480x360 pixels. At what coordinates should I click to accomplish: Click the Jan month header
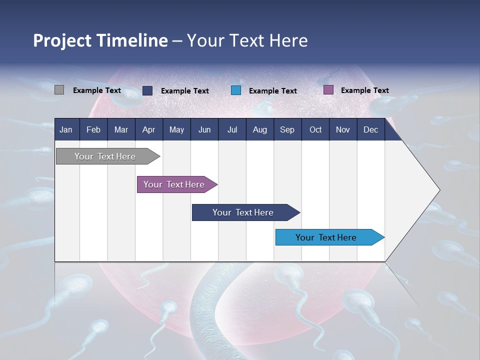coord(66,129)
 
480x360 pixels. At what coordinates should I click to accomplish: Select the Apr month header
coord(148,129)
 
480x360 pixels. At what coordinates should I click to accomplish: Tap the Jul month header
coord(232,129)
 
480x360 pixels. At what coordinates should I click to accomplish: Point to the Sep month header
coord(287,129)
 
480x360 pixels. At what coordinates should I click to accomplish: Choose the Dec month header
coord(370,129)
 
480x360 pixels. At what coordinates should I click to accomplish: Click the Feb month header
coord(93,129)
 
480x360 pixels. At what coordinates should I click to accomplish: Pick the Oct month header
coord(315,129)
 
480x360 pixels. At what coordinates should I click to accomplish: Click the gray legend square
coord(59,90)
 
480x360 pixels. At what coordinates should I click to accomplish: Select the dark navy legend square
coord(147,90)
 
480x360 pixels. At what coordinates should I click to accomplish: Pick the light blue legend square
coord(236,90)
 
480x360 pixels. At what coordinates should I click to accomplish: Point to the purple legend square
coord(328,90)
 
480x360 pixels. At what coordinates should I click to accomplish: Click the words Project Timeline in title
coord(100,40)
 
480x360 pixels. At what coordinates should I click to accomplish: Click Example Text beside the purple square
coord(364,90)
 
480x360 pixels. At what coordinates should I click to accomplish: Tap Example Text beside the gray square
coord(97,90)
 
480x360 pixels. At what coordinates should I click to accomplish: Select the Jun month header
coord(204,129)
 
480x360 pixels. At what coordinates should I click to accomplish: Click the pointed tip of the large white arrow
coord(438,190)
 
